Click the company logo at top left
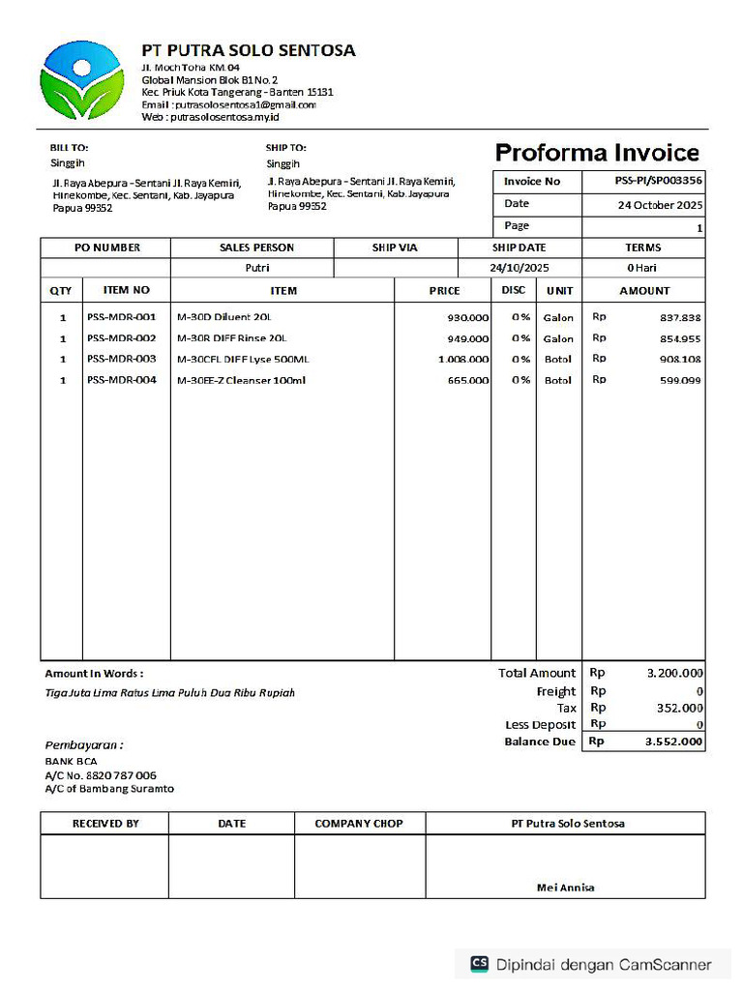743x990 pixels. [82, 79]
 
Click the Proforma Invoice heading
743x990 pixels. [597, 153]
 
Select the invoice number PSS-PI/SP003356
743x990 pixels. [659, 181]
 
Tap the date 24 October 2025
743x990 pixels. [661, 205]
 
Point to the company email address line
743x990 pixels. [228, 104]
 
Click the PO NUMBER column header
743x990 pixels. [106, 247]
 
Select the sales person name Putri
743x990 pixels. [256, 268]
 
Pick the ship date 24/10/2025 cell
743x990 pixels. [519, 268]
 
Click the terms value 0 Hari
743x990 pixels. [641, 268]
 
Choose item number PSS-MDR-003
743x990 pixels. [122, 359]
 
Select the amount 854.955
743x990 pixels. [681, 338]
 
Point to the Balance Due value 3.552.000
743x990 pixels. [674, 742]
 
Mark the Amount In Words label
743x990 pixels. [94, 673]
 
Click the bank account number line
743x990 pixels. [101, 775]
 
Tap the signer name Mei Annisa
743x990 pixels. [566, 888]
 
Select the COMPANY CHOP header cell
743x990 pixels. [359, 824]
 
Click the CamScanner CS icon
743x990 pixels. [480, 964]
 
